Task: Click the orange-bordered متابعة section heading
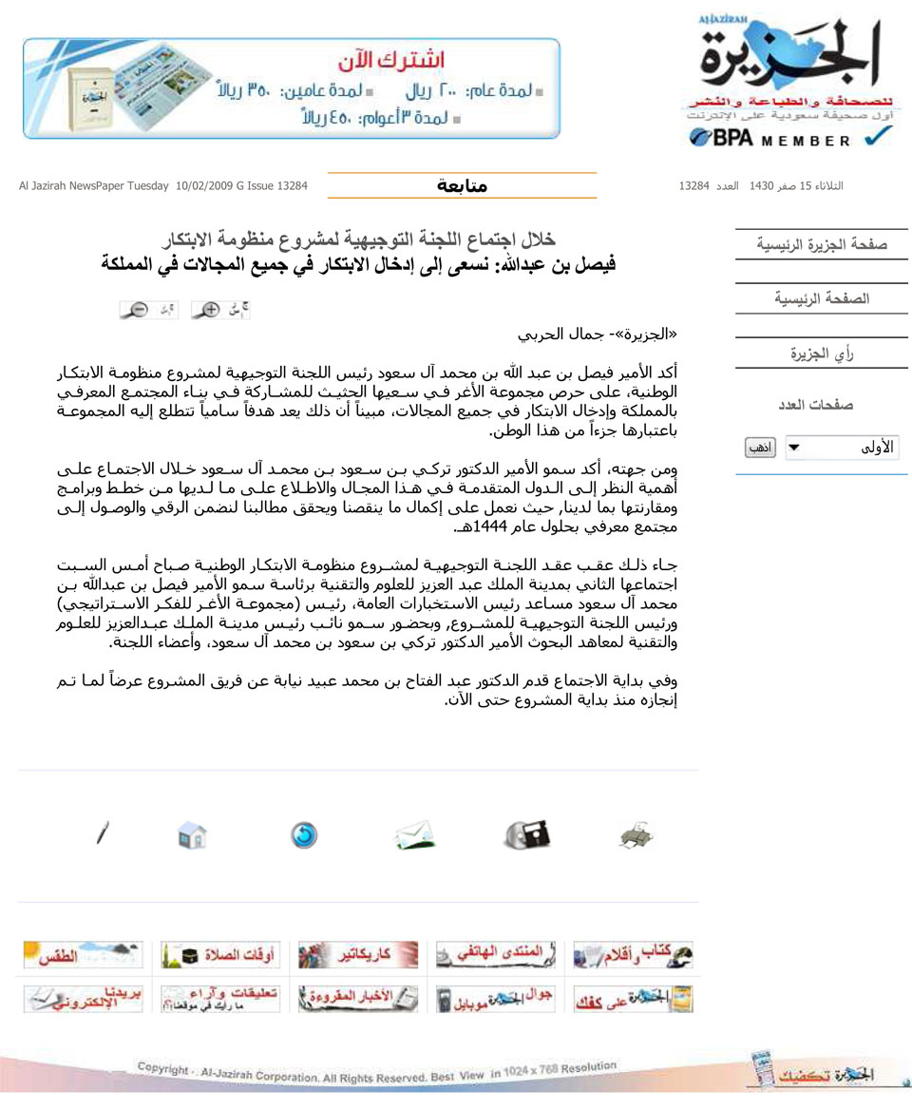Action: [x=462, y=185]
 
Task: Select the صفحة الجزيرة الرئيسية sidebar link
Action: [x=822, y=244]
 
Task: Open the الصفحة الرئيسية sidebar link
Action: [x=822, y=298]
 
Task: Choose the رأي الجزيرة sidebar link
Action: [x=822, y=354]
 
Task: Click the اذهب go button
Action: [x=760, y=448]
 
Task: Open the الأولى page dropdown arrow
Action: [x=795, y=448]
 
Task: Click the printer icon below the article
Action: [x=636, y=836]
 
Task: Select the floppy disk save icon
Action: [x=527, y=835]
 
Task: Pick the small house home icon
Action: [x=192, y=836]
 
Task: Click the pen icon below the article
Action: [x=102, y=834]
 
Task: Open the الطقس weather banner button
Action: [x=83, y=954]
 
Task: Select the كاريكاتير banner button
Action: [x=358, y=954]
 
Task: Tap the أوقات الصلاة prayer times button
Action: [x=219, y=954]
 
